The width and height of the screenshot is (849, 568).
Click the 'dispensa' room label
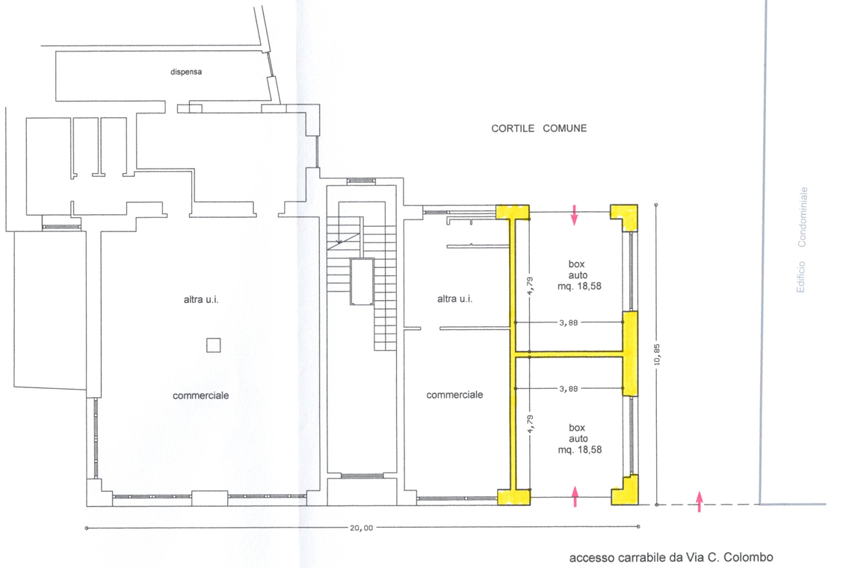coord(186,72)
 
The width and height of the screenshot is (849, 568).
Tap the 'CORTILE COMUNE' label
coord(539,128)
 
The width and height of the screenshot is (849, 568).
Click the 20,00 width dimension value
coord(361,528)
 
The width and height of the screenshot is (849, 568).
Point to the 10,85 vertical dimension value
coord(658,355)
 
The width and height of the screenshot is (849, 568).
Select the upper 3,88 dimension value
coord(569,323)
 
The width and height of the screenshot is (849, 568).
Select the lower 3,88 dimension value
coord(569,389)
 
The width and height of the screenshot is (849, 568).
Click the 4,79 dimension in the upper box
coord(531,285)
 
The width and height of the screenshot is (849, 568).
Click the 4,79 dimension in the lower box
coord(531,423)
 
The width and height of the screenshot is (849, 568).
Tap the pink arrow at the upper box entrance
coord(575,215)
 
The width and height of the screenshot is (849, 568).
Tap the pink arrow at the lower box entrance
coord(575,496)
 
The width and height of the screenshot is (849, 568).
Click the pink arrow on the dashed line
coord(699,502)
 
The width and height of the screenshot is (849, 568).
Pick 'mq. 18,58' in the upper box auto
coord(579,286)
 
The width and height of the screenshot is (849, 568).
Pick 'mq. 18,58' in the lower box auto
coord(580,449)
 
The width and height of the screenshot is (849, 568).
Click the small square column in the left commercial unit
coord(213,345)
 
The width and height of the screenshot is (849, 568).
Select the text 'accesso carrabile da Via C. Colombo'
coord(671,558)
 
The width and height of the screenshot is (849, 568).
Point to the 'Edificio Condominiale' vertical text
coord(802,240)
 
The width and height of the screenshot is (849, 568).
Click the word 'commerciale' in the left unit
coord(201,396)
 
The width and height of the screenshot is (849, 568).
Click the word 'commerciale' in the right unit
coord(455,395)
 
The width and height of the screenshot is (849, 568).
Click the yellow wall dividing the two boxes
coord(569,355)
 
